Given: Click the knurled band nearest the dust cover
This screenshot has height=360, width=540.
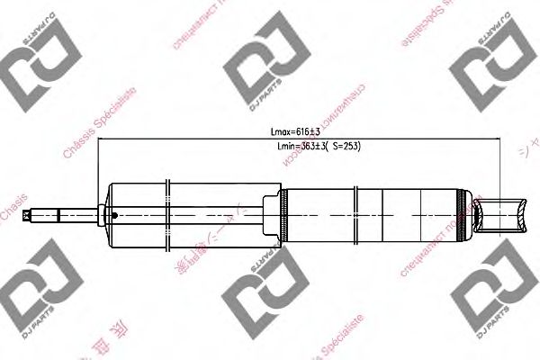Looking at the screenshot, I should pyautogui.click(x=283, y=215).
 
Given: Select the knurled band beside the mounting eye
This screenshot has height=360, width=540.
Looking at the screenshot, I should pyautogui.click(x=465, y=215).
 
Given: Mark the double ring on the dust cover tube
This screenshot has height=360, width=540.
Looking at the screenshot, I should pyautogui.click(x=168, y=215).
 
